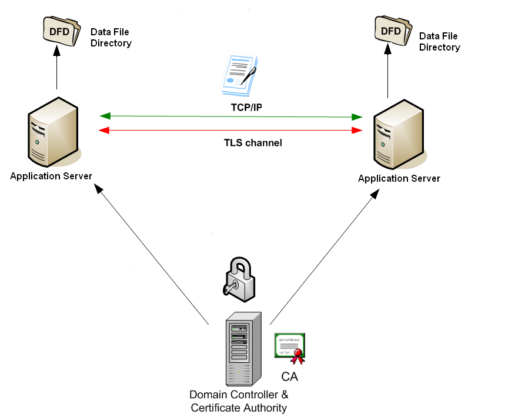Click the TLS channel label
[253, 142]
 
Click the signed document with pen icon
[238, 75]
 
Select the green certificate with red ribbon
[290, 345]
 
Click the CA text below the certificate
[290, 376]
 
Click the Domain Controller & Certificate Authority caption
[239, 401]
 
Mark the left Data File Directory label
[111, 37]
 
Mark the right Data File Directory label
[440, 41]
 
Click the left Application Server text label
[51, 176]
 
